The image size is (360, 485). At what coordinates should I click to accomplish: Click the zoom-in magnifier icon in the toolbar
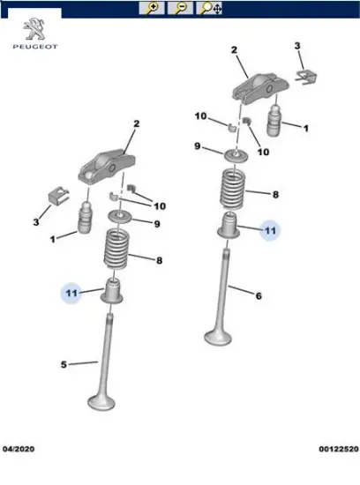(154, 8)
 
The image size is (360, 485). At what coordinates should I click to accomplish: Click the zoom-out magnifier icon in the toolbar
(180, 8)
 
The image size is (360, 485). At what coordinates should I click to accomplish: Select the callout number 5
(63, 363)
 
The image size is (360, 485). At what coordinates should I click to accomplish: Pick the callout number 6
(259, 295)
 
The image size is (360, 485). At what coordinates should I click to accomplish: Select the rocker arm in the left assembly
(102, 164)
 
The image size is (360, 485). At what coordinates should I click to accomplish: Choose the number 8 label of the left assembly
(159, 261)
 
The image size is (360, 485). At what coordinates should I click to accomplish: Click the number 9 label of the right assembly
(198, 145)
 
